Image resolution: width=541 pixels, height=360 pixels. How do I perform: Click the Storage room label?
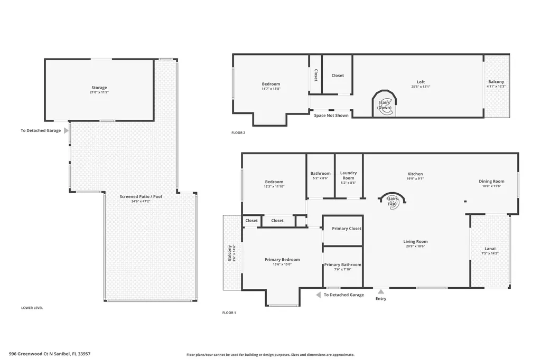click(99, 88)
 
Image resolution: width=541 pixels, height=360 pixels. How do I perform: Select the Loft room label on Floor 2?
click(421, 82)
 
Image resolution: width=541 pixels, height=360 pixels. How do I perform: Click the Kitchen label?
click(415, 174)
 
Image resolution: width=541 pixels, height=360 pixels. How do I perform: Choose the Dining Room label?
click(491, 181)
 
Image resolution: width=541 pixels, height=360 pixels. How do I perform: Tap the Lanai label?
click(490, 249)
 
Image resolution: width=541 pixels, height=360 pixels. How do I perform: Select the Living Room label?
click(415, 241)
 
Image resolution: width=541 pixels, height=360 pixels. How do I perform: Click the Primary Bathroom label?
click(342, 264)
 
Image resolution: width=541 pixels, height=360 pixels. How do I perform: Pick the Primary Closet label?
click(347, 229)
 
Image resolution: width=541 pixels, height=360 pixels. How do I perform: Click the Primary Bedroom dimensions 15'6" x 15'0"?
click(282, 264)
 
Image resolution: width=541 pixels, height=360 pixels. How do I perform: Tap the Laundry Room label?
click(348, 175)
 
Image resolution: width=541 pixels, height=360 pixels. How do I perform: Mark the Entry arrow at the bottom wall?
click(380, 291)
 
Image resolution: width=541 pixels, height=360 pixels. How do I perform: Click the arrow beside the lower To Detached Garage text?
click(319, 295)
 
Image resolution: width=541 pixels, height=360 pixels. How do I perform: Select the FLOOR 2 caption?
click(238, 132)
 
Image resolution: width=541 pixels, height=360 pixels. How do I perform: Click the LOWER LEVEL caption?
click(32, 307)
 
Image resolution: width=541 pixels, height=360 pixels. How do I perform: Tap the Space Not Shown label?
click(331, 115)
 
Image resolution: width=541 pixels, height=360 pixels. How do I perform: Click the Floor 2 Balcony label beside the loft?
click(496, 82)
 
